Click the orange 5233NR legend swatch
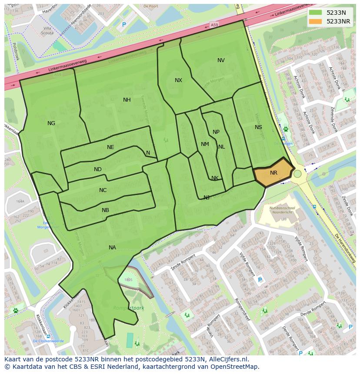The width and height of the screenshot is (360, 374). tap(316, 21)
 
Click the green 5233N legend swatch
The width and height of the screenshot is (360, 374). tap(316, 13)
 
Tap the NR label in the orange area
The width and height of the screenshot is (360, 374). tap(273, 173)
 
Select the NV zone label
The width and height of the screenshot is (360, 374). tap(221, 60)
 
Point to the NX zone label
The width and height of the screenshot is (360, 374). tap(178, 80)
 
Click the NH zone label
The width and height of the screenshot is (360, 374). tap(127, 100)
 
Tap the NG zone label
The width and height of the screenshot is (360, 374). tap(51, 123)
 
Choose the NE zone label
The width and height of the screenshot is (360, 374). tap(110, 147)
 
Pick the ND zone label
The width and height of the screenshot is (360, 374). tap(98, 169)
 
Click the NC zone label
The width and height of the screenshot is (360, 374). tap(103, 190)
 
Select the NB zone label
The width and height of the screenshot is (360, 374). tap(105, 210)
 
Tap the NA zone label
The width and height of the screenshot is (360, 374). tap(112, 248)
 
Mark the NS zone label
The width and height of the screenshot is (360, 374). tap(258, 127)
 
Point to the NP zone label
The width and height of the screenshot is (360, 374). tap(216, 132)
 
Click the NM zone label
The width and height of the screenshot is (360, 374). tap(205, 144)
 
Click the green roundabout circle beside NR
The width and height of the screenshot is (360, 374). tap(297, 174)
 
